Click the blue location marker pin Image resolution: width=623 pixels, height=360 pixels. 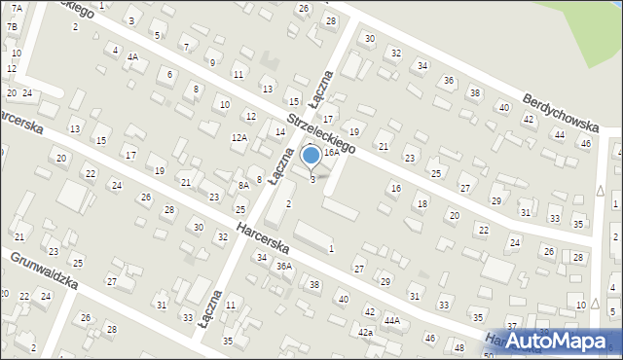pos(311,156)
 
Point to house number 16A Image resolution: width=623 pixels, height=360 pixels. pos(332,152)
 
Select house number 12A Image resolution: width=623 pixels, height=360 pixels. pos(238,138)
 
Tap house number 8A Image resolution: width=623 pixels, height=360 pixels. pos(243,185)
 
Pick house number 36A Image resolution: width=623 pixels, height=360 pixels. pos(284,266)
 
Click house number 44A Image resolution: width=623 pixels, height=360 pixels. pos(391,319)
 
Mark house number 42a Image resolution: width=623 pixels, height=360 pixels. pos(365,333)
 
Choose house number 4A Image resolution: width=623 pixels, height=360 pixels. pos(132,56)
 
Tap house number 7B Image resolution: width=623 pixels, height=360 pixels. pos(13,26)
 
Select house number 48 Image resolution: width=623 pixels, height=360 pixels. pos(458,348)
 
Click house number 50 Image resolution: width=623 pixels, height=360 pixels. pos(488,356)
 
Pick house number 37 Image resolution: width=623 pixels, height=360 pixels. pos(512,326)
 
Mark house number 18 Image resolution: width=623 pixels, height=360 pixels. pos(421,203)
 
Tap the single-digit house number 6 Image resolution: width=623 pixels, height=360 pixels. pos(170,74)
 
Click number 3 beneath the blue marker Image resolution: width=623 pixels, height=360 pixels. pos(312,179)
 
